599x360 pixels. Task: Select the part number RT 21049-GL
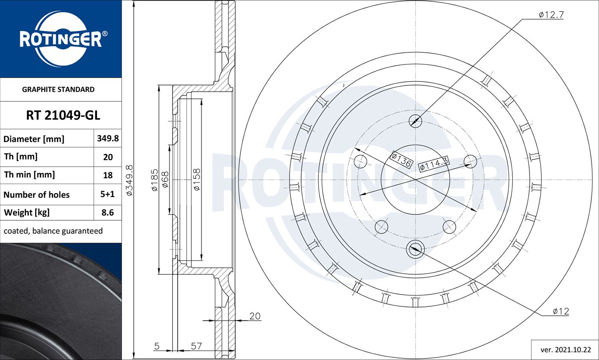63,115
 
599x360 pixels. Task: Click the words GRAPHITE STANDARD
58,89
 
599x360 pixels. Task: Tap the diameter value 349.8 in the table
108,138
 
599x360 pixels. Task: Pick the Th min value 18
108,175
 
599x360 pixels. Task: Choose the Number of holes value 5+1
107,194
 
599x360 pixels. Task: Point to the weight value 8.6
107,212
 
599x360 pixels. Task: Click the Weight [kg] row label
27,212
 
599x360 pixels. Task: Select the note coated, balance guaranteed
53,231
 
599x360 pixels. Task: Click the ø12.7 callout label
551,14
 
